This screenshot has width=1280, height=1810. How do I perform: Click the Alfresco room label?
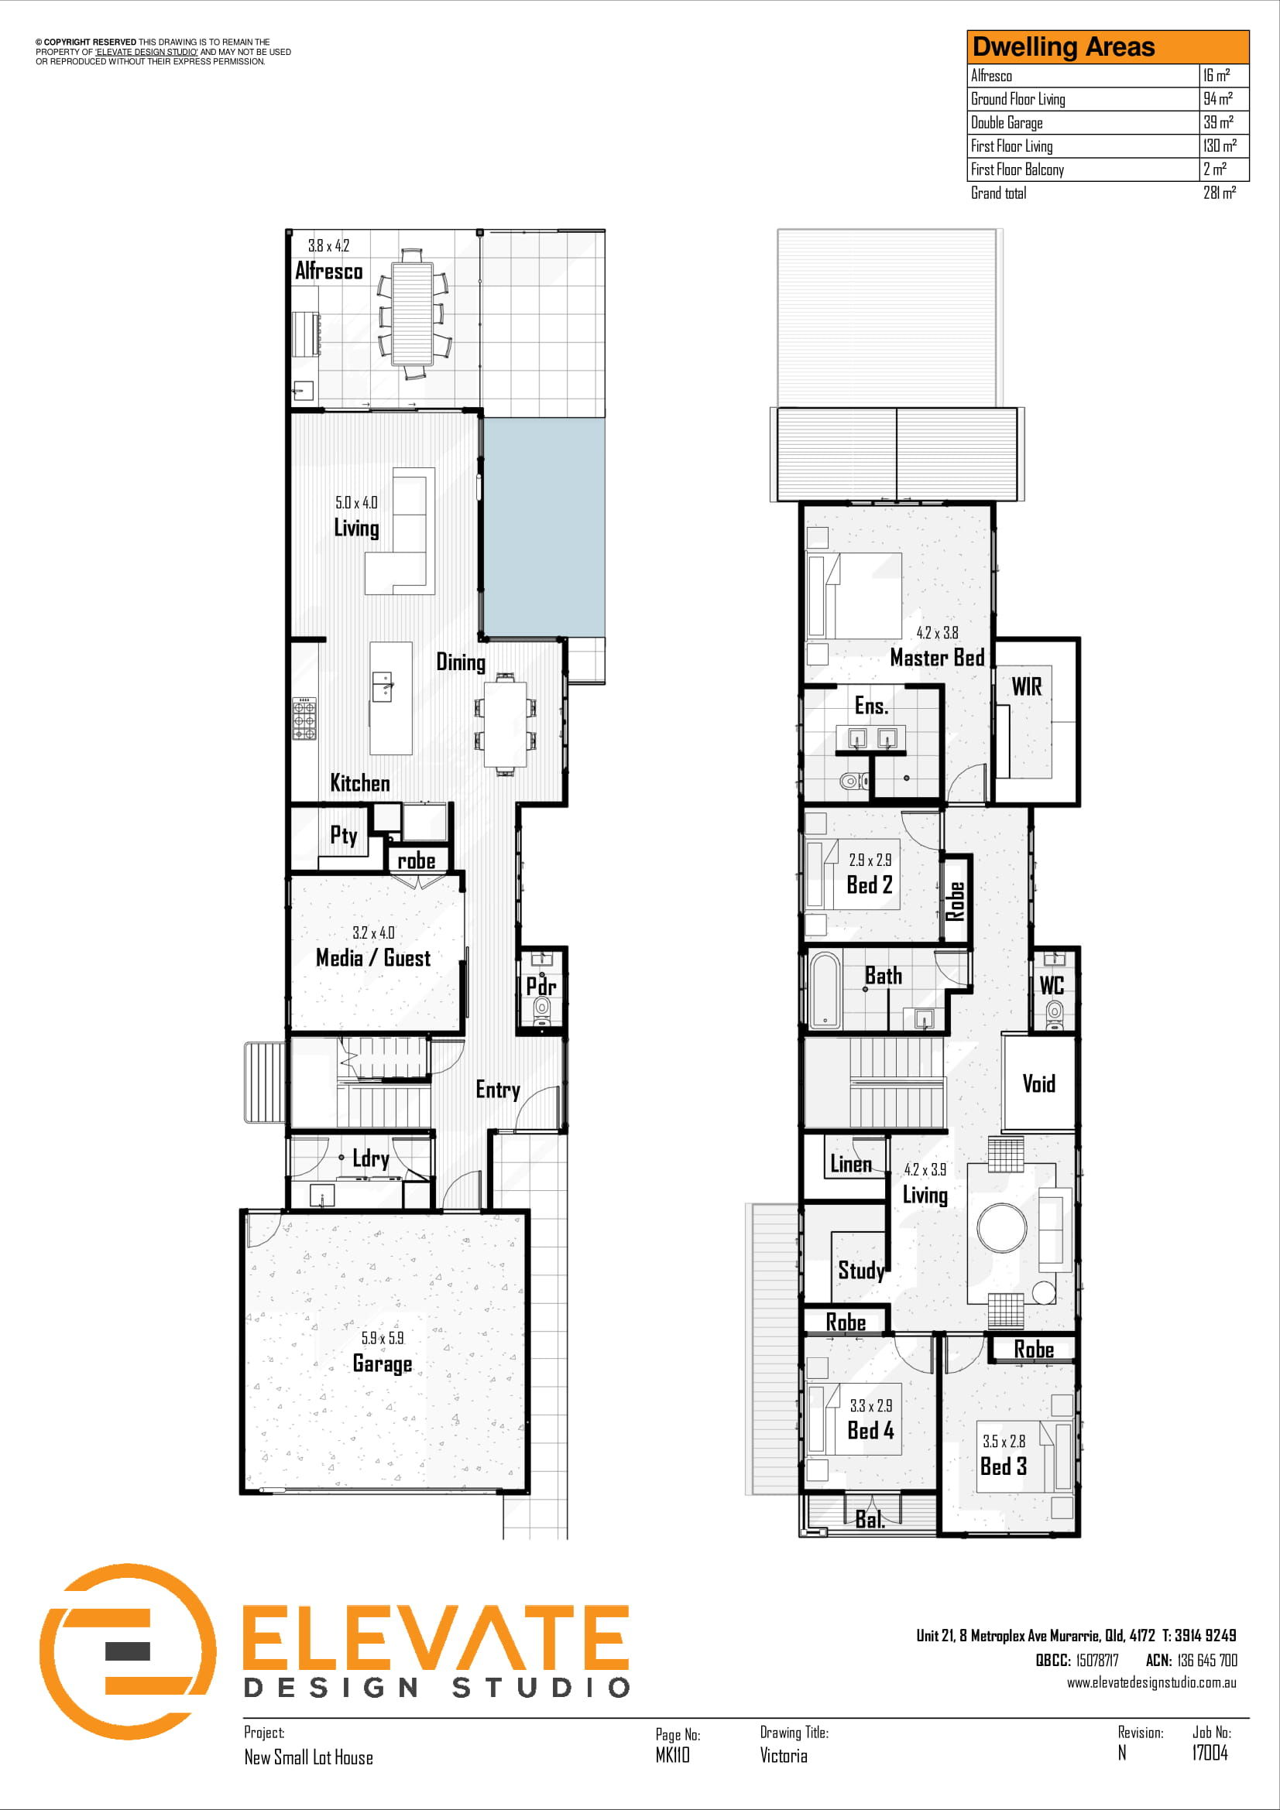tap(329, 271)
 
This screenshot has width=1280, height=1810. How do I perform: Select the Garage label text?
tap(383, 1363)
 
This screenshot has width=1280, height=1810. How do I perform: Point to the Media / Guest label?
tap(373, 958)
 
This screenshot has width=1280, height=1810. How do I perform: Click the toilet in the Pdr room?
tap(542, 1008)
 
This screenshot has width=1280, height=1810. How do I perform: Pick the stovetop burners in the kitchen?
tap(305, 718)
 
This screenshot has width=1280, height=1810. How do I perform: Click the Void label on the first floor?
tap(1038, 1084)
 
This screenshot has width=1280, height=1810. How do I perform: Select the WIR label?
tap(1027, 686)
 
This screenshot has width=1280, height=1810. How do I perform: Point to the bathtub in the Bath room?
tap(825, 991)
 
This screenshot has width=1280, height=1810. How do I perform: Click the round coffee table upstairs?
tap(1001, 1227)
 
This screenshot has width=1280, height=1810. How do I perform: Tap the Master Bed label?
tap(937, 658)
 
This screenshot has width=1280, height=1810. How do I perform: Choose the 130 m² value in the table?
tap(1220, 145)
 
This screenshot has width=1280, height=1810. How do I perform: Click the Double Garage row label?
tap(1007, 122)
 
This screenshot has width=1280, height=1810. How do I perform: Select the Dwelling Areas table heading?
tap(1063, 47)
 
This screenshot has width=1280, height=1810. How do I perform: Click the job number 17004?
tap(1210, 1753)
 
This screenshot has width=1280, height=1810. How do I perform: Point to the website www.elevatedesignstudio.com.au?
tap(1151, 1682)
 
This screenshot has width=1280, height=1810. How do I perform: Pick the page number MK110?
tap(672, 1755)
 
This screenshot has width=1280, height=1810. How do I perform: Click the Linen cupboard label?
tap(851, 1164)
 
